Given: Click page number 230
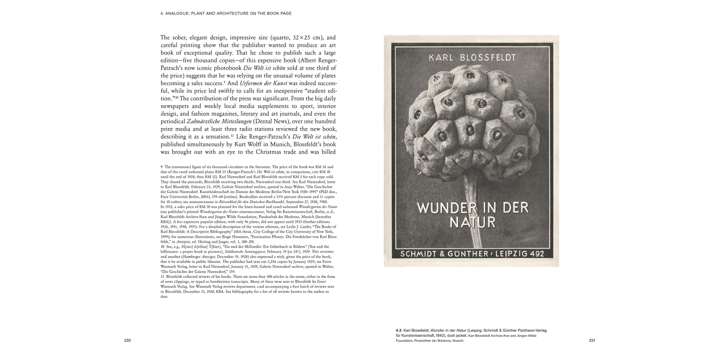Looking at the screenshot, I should point(127,341).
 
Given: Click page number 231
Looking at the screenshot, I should point(592,341).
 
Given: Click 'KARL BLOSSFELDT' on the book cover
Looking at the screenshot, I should point(472,58).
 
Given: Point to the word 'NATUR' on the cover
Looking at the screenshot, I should point(472,223).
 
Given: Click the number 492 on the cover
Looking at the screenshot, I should point(540,254).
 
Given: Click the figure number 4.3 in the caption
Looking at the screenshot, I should point(399,331).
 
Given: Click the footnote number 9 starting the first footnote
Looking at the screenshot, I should point(162,166).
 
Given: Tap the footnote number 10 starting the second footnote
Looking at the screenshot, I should point(163,246).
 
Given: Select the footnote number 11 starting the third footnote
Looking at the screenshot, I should point(162,276).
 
